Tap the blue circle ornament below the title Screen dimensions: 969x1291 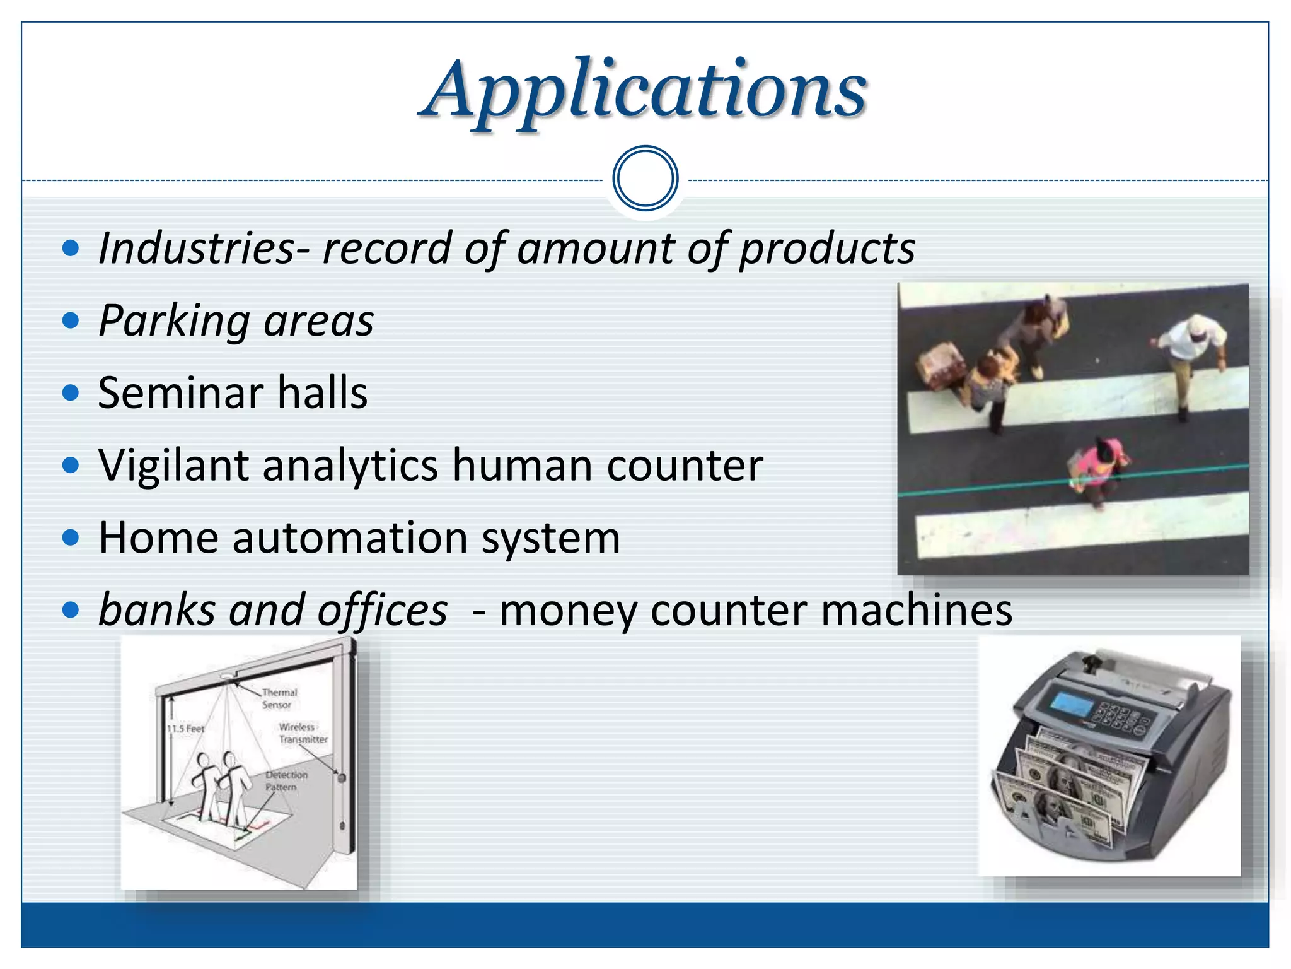coord(645,179)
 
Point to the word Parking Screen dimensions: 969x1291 coord(175,321)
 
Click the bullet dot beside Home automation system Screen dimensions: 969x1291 coord(71,537)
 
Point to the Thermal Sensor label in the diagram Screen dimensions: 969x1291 coord(278,698)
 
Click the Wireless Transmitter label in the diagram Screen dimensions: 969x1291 coord(302,733)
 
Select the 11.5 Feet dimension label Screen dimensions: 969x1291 coord(185,729)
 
